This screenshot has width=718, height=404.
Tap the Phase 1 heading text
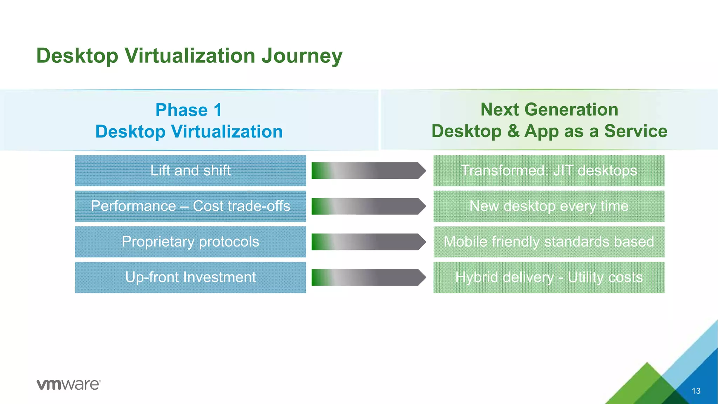pos(189,110)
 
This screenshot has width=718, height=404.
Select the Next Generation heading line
pos(549,109)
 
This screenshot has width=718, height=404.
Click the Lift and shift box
pos(190,171)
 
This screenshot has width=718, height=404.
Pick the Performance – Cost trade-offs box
pos(190,206)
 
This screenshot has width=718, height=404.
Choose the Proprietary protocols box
pos(190,242)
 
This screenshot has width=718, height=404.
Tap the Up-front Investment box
pos(190,277)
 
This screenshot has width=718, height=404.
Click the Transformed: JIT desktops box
pos(549,171)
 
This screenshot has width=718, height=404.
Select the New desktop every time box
pos(549,206)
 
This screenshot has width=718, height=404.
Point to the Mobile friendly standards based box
pos(549,242)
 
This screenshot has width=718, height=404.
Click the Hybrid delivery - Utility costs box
pos(549,277)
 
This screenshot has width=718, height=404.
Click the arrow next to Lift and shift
pos(368,171)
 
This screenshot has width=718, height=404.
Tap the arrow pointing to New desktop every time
pos(368,206)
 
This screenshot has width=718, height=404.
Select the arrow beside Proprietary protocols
pos(368,242)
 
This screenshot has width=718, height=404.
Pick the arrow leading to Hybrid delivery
pos(368,277)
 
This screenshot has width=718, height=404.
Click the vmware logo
pos(69,384)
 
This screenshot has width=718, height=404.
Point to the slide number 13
pos(696,391)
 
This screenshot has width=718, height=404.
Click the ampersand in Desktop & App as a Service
pos(513,131)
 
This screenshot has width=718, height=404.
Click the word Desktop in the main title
pos(77,56)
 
